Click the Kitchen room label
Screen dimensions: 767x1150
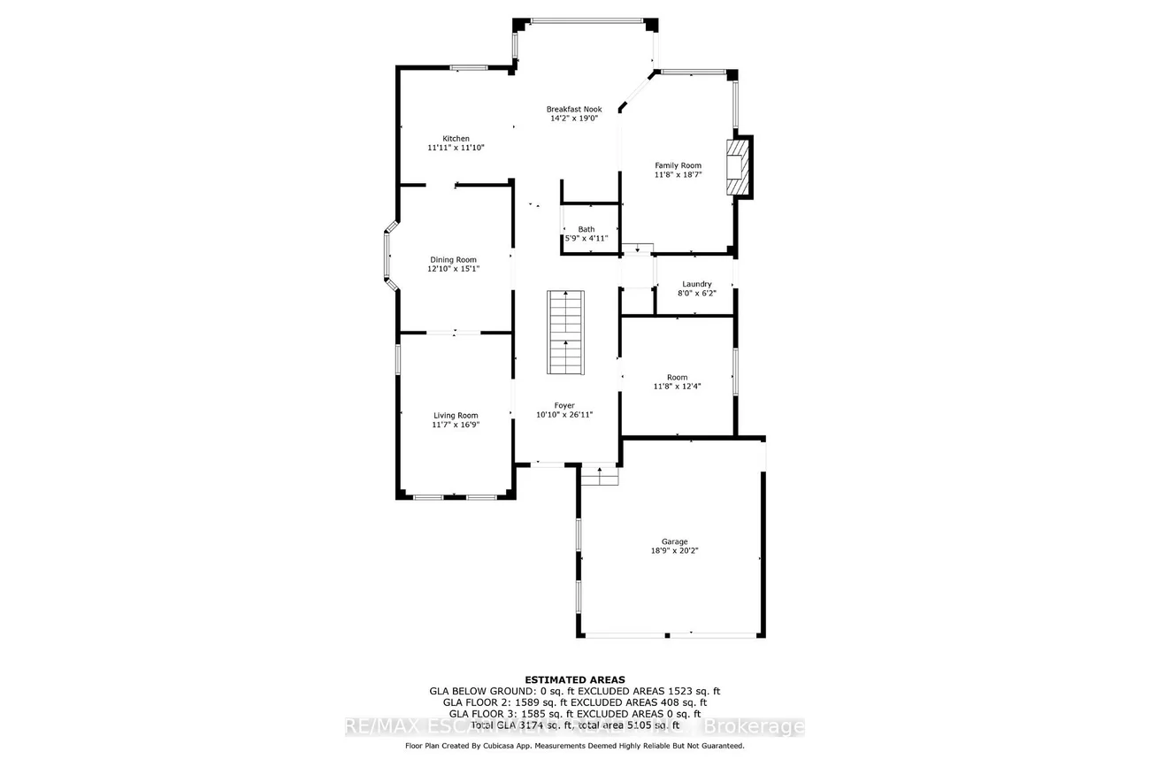point(456,139)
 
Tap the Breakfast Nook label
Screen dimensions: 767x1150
point(573,108)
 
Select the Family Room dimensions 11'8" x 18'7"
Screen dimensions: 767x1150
point(678,175)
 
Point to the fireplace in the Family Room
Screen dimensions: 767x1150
point(736,168)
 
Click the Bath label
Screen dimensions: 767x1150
point(586,229)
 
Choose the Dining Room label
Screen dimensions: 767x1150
point(453,260)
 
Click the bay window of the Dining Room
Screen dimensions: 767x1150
point(387,257)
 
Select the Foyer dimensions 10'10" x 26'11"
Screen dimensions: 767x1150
point(563,414)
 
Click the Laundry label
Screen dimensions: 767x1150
point(697,284)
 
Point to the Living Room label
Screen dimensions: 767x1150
point(456,416)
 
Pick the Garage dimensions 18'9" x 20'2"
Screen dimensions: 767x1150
point(675,551)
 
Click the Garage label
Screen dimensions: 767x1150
point(675,541)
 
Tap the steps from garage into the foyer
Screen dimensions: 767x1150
point(600,476)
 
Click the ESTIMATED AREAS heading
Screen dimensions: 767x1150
point(575,680)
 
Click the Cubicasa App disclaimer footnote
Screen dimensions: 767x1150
point(574,746)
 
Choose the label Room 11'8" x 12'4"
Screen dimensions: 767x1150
point(677,381)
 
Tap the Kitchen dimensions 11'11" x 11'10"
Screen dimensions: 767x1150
point(456,149)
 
